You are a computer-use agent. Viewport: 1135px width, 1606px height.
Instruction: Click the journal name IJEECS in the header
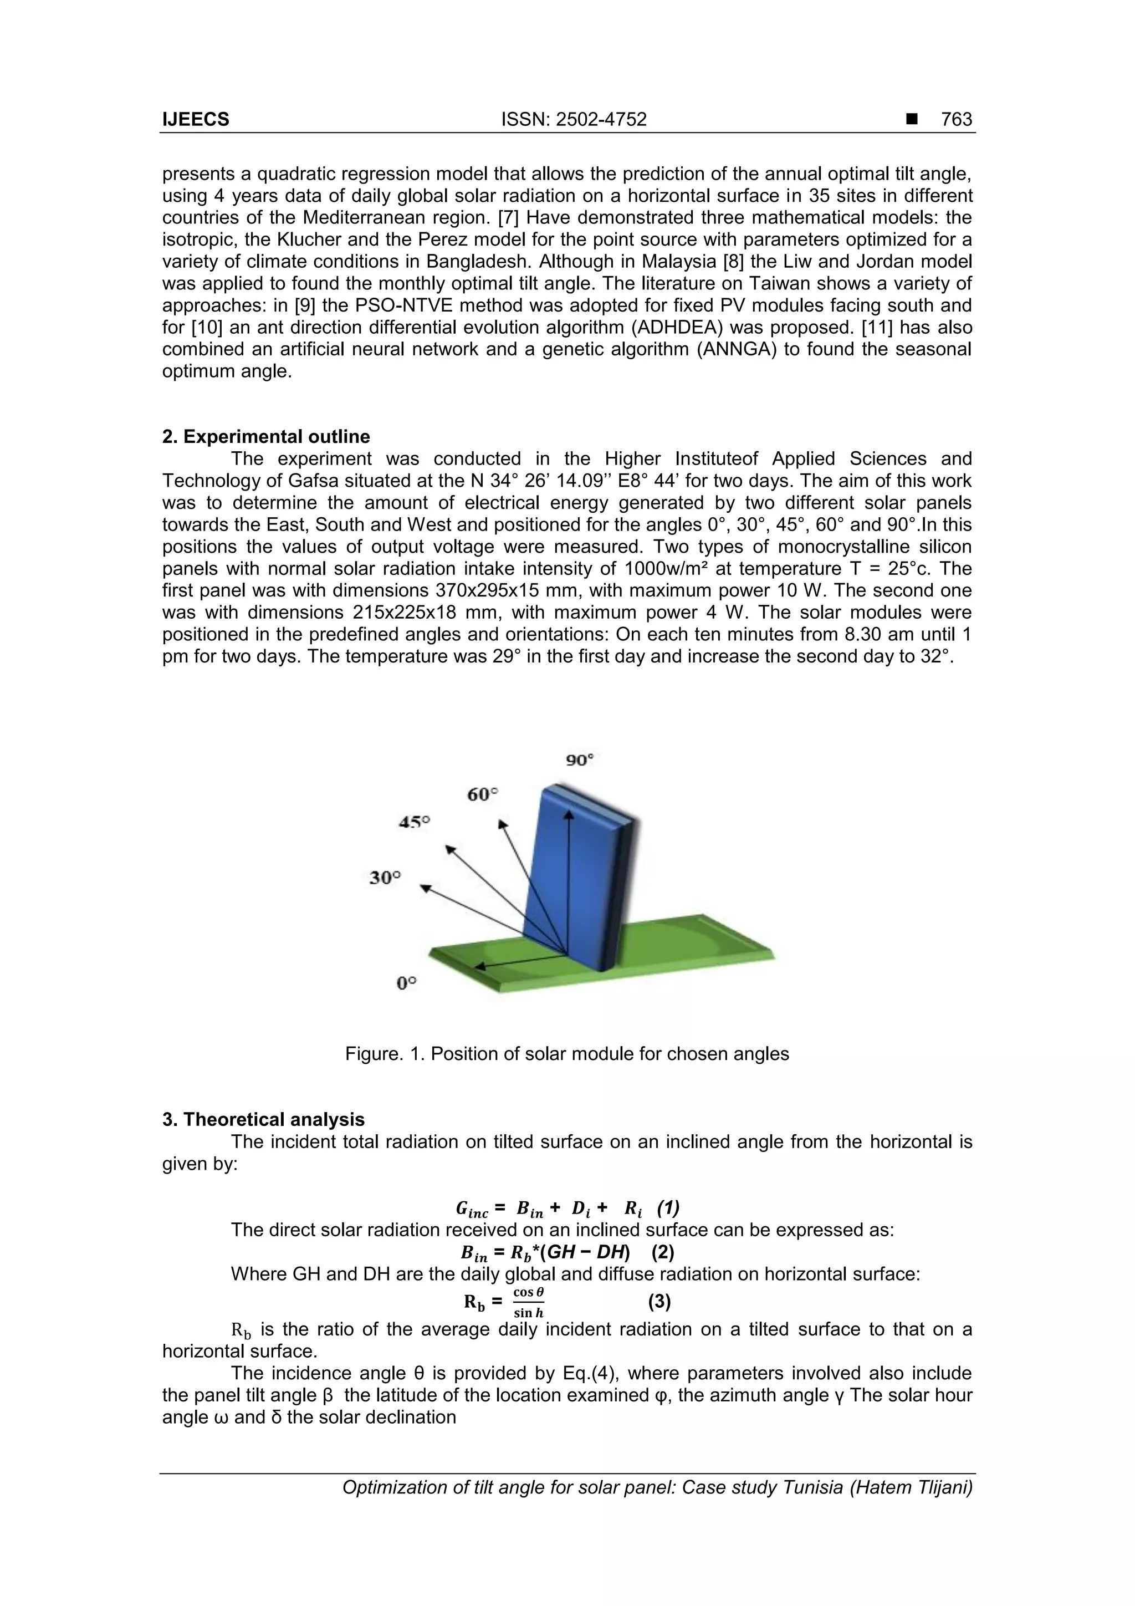pyautogui.click(x=195, y=120)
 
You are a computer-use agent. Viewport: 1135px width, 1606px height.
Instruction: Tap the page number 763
pyautogui.click(x=956, y=120)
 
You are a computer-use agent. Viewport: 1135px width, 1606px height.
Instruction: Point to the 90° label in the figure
pyautogui.click(x=579, y=759)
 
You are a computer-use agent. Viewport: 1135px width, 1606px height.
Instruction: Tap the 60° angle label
pyautogui.click(x=483, y=794)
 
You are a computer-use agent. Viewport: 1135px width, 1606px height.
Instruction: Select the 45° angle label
pyautogui.click(x=414, y=822)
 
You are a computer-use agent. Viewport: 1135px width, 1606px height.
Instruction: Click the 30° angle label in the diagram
pyautogui.click(x=385, y=877)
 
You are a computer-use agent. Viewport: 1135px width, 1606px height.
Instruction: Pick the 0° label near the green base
pyautogui.click(x=406, y=983)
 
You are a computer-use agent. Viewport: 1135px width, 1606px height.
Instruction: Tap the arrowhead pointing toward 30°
pyautogui.click(x=425, y=887)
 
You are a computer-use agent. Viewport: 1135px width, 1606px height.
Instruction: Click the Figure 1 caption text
pyautogui.click(x=566, y=1054)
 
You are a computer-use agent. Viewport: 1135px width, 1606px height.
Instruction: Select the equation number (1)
pyautogui.click(x=668, y=1207)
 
